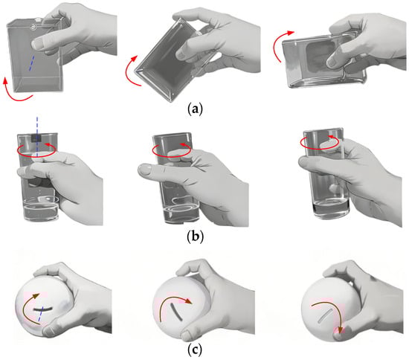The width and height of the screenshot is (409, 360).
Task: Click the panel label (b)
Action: pyautogui.click(x=196, y=237)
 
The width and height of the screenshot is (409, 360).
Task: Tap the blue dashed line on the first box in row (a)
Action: pyautogui.click(x=31, y=62)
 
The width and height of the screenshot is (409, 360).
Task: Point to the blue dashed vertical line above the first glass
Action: pyautogui.click(x=37, y=136)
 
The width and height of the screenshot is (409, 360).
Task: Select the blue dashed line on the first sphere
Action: pyautogui.click(x=40, y=318)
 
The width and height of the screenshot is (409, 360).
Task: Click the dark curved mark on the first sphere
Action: pyautogui.click(x=42, y=309)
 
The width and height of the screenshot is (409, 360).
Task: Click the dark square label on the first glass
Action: pyautogui.click(x=36, y=138)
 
